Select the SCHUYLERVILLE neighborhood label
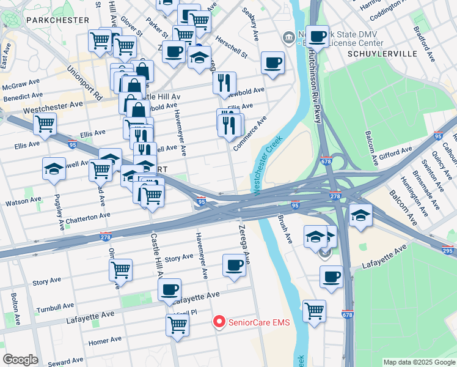click(x=382, y=54)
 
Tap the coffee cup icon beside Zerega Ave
click(x=234, y=265)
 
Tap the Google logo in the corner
click(x=20, y=360)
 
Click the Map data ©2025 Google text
click(x=419, y=362)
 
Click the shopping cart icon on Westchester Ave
click(x=45, y=124)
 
